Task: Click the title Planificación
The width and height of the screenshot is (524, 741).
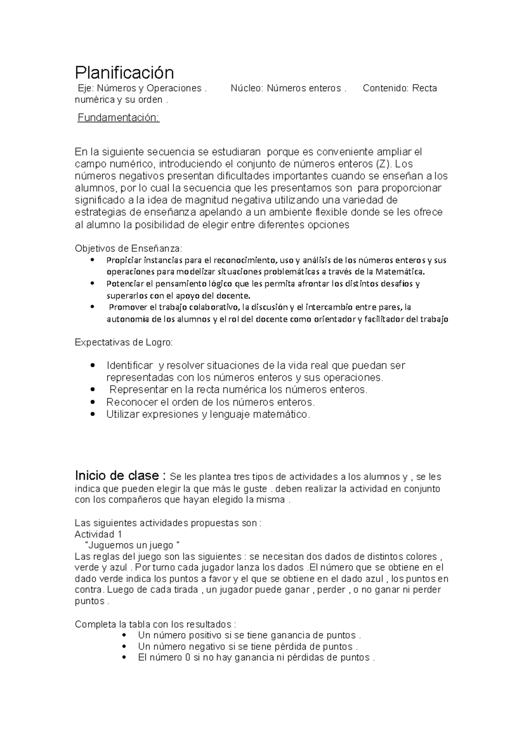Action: click(124, 72)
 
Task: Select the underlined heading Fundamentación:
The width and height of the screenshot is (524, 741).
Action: click(118, 118)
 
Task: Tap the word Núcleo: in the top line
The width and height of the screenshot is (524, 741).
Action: click(247, 88)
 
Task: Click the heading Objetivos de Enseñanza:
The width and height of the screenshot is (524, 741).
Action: click(128, 249)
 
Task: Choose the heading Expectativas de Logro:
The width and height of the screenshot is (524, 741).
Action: click(124, 343)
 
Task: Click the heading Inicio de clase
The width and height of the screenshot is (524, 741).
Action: click(117, 475)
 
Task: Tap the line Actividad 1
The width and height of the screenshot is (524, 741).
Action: click(98, 534)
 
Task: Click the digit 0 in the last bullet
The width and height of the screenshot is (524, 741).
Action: click(187, 658)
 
